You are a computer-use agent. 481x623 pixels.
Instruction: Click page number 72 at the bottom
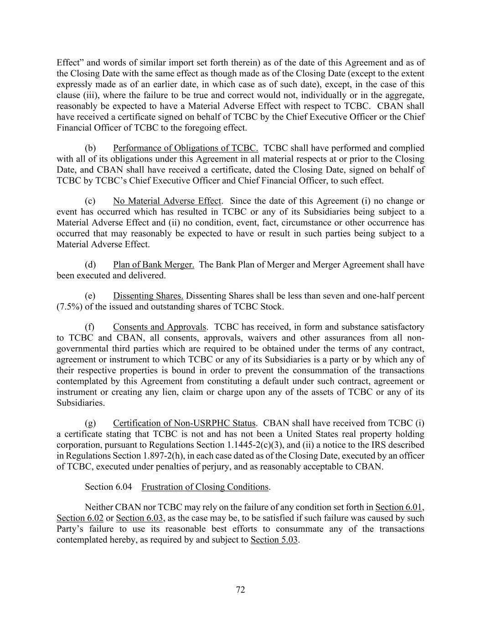[x=240, y=590]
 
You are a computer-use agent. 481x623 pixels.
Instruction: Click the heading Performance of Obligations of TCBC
[x=186, y=148]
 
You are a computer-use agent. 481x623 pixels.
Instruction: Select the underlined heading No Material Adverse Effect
[x=167, y=201]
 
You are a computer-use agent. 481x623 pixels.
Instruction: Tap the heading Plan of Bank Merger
[x=154, y=265]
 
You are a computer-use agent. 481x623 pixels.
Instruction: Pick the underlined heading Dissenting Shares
[x=148, y=296]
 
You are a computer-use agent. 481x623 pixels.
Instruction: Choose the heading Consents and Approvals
[x=160, y=327]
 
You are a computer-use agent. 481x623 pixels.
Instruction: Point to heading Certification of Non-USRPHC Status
[x=185, y=423]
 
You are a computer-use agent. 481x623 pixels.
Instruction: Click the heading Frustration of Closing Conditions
[x=205, y=487]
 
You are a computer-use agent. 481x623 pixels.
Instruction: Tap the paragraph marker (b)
[x=90, y=148]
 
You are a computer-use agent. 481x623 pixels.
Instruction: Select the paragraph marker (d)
[x=90, y=265]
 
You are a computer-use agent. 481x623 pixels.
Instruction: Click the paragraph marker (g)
[x=90, y=423]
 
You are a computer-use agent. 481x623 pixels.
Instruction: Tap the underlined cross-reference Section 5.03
[x=274, y=540]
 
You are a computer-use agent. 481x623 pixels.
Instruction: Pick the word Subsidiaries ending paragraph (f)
[x=74, y=403]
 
